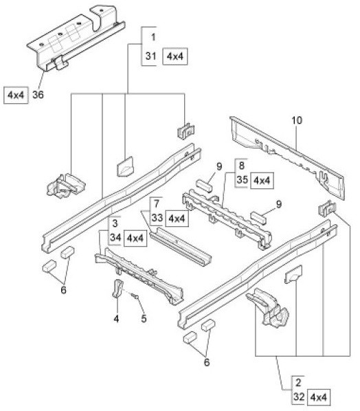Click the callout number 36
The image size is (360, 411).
point(38,95)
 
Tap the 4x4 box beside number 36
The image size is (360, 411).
point(16,95)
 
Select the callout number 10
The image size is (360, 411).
point(297,120)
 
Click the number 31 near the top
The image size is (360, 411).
point(151,56)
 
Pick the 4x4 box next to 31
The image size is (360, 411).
point(175,56)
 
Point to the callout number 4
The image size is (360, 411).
point(116,319)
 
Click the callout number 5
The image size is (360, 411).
point(144,319)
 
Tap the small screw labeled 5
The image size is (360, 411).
point(136,297)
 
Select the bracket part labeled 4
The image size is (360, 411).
point(117,289)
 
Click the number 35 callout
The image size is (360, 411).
point(243,180)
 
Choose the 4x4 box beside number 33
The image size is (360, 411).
point(177,219)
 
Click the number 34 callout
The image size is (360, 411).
point(115,238)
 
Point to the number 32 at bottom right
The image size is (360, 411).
point(299,397)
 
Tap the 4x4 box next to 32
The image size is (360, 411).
point(318,398)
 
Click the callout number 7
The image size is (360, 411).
point(157,203)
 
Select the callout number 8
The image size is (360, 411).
point(242,166)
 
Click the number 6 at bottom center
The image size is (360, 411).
point(207,362)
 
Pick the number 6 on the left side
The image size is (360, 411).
point(63,290)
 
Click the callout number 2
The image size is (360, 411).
point(298,383)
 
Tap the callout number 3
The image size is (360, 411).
point(115,223)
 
